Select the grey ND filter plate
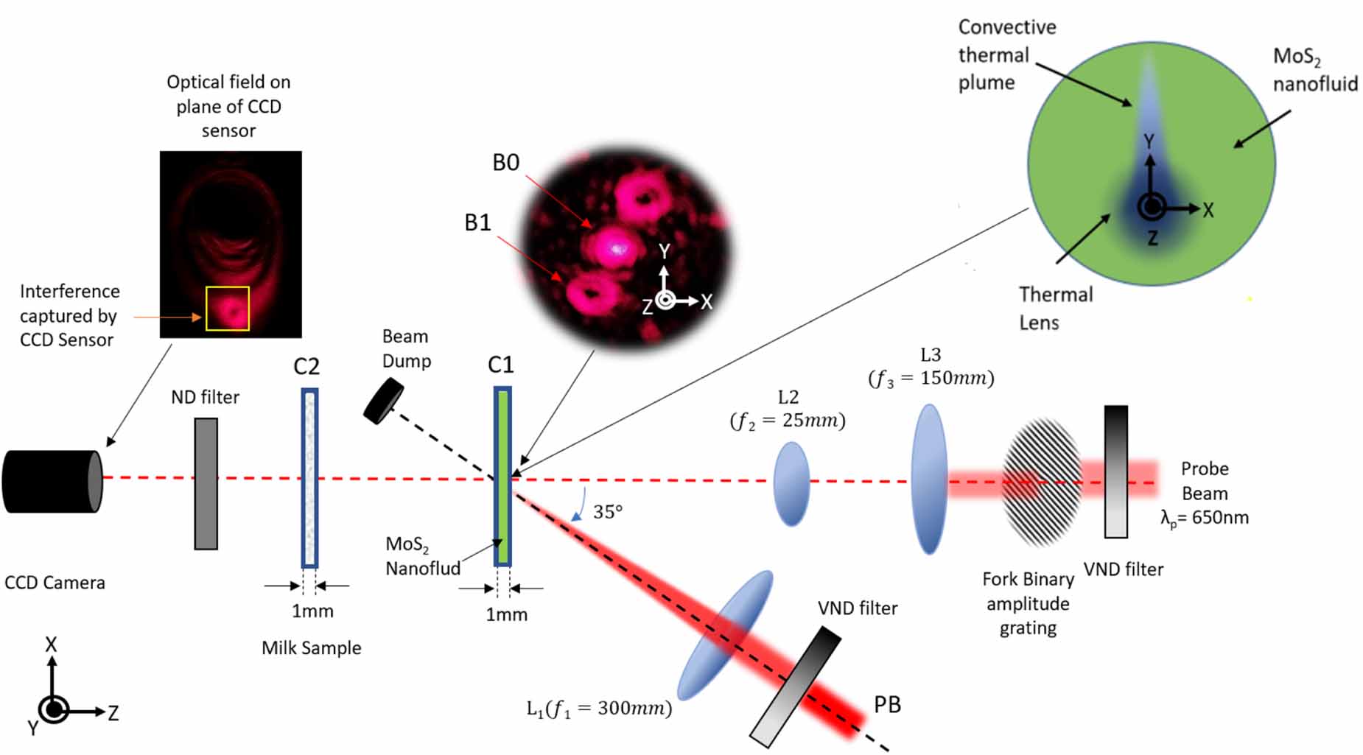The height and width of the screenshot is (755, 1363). click(206, 484)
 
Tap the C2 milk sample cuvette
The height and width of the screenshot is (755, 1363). click(309, 479)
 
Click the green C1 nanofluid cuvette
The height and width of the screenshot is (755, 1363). click(502, 477)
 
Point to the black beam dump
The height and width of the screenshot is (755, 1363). click(383, 401)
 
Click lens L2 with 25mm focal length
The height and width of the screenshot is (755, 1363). click(791, 484)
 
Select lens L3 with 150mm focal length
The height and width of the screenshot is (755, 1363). click(929, 479)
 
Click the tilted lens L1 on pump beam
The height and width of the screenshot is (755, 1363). click(725, 634)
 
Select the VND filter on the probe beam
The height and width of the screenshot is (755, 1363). click(1115, 471)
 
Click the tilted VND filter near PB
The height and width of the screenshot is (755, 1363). click(796, 686)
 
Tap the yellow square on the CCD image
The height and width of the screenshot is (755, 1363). click(228, 309)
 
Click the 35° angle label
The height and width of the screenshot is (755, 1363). click(608, 511)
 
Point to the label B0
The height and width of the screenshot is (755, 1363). click(506, 163)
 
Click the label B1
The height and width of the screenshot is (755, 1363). click(477, 222)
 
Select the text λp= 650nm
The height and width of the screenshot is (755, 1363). click(1204, 518)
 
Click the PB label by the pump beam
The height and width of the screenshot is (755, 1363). click(887, 705)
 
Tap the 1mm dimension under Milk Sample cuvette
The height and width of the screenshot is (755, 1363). click(312, 611)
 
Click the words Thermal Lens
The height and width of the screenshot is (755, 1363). click(1055, 309)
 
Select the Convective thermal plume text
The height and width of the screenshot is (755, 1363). click(1006, 55)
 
